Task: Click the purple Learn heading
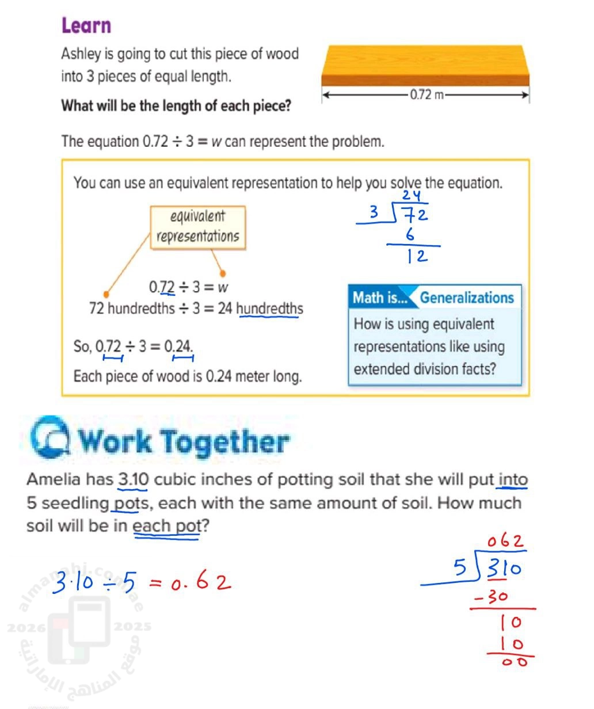coord(86,26)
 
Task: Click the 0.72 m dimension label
coord(427,95)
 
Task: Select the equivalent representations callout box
coord(197,227)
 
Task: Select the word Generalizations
coord(466,298)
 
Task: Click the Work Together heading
coord(183,442)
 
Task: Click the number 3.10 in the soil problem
coord(134,479)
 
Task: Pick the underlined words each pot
coord(166,526)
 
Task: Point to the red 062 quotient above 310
coord(506,542)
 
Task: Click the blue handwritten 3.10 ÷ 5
coord(94,584)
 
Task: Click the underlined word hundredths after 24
coord(269,308)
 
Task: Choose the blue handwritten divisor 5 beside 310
coord(460,569)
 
